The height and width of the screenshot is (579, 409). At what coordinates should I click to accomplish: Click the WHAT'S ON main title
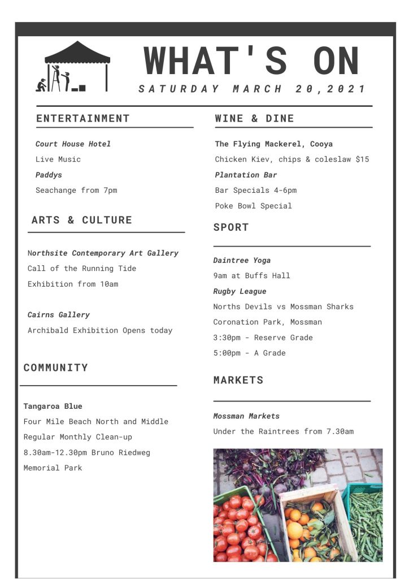[252, 61]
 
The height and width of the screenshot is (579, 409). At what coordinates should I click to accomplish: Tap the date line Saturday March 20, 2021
[252, 89]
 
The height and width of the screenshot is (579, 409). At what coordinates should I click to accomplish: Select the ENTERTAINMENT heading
[83, 118]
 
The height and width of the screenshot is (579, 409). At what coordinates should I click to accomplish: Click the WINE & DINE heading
[254, 118]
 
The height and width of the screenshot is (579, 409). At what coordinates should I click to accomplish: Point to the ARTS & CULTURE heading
[82, 220]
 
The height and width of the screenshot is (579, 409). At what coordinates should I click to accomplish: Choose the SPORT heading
[231, 227]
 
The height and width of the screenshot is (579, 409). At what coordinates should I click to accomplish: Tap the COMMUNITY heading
[56, 368]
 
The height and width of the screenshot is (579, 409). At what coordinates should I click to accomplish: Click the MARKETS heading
[238, 380]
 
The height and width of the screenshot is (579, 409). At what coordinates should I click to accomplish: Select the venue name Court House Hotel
[73, 144]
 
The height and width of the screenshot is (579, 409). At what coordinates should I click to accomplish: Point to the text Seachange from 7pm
[76, 191]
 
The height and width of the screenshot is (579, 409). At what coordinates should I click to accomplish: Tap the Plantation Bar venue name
[246, 175]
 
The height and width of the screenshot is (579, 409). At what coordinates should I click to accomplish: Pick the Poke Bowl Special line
[253, 206]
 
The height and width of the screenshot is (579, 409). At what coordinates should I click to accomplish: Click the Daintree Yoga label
[242, 261]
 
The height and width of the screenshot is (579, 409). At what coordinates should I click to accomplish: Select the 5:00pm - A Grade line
[249, 353]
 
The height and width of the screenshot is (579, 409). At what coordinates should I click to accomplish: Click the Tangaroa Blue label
[53, 407]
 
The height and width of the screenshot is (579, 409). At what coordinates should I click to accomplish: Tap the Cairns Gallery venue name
[59, 315]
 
